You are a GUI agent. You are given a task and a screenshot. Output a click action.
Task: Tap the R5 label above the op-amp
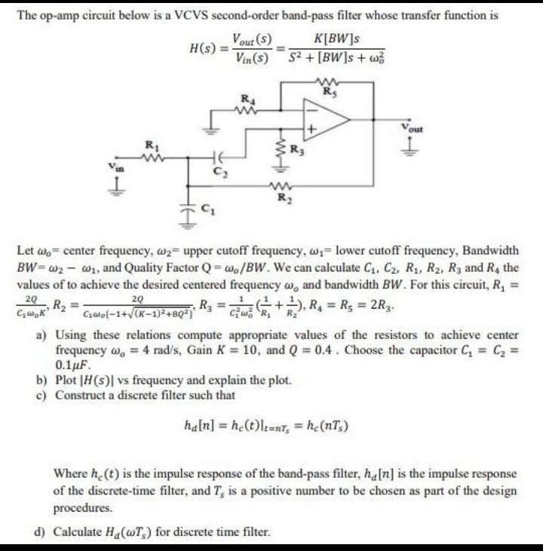[327, 93]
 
